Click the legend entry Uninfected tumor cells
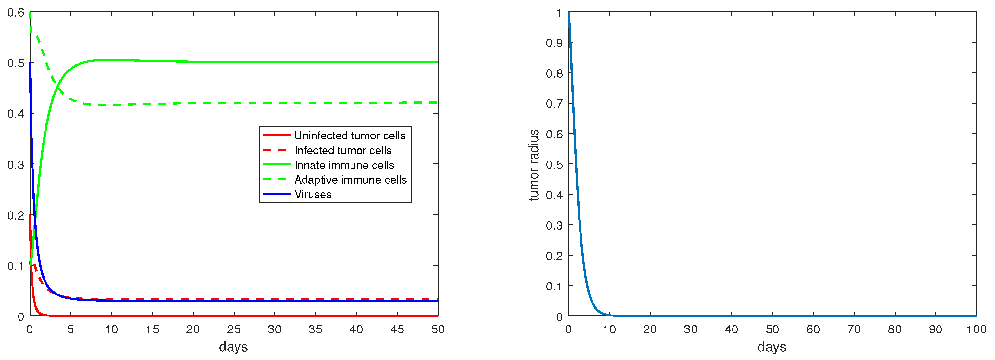350,135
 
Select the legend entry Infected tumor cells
343,150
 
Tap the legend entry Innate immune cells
344,165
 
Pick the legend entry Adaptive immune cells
350,180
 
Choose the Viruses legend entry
313,194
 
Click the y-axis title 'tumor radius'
534,165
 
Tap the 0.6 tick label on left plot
16,12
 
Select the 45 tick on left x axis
397,329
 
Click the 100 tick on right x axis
976,329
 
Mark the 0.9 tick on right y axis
554,43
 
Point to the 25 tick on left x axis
233,329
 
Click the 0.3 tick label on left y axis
16,164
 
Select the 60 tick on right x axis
813,329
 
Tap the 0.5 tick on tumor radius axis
554,164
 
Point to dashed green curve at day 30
274,103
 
